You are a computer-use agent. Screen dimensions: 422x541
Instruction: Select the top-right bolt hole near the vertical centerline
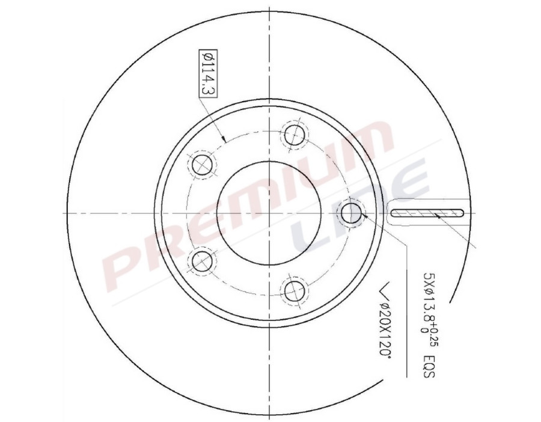click(x=295, y=135)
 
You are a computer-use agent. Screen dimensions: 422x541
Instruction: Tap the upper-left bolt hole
click(x=202, y=164)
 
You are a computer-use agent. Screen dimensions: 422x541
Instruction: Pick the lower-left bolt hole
click(x=202, y=261)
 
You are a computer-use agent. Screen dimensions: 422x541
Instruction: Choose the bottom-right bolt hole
click(x=295, y=290)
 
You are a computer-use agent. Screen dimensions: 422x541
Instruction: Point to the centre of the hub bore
click(x=269, y=212)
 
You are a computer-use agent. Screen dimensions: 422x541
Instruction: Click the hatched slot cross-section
click(x=428, y=212)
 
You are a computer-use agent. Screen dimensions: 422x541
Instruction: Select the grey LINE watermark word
click(x=361, y=210)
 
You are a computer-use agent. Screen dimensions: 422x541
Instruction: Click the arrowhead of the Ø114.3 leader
click(x=224, y=139)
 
